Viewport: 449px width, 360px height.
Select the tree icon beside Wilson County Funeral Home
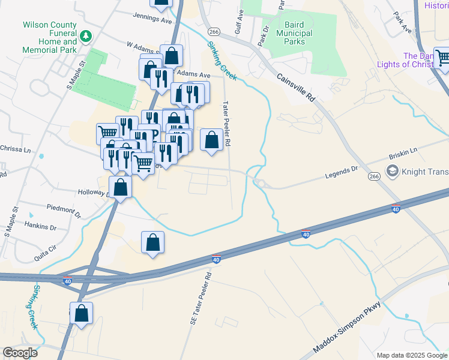86,37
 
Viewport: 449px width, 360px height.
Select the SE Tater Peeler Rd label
201,298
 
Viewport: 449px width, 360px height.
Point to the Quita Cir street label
45,247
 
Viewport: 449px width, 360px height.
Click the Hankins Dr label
41,228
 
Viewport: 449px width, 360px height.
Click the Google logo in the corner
20,353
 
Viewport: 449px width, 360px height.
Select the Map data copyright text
412,355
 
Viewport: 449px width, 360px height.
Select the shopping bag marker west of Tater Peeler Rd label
211,140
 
